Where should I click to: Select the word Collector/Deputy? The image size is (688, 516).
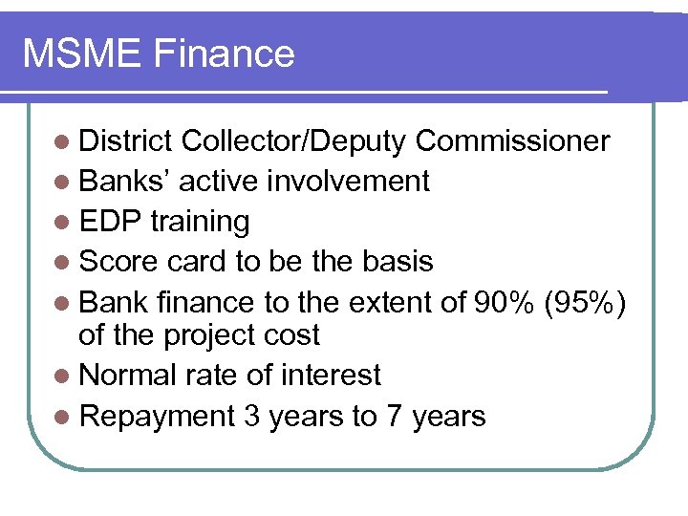point(293,141)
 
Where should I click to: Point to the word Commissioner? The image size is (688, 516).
point(512,141)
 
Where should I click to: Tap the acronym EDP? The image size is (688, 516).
point(111,221)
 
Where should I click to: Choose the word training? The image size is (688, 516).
point(200,221)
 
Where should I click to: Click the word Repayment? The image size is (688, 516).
point(157,416)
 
